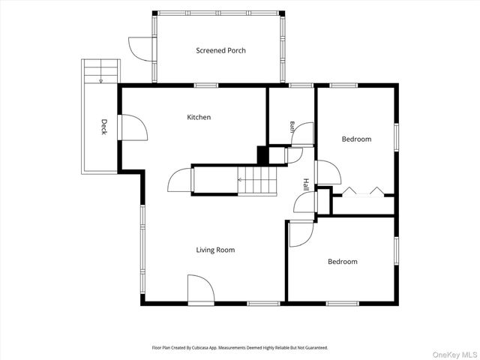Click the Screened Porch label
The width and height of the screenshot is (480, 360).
220,50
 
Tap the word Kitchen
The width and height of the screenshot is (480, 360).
199,117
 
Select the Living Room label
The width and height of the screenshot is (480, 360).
215,250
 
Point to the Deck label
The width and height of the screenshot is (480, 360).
104,127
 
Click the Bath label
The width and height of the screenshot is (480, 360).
292,127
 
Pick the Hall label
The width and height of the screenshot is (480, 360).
306,184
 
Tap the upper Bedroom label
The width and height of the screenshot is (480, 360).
357,139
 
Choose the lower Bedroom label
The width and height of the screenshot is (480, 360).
343,262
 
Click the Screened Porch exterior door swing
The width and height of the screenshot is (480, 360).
140,49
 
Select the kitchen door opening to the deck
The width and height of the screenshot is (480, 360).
134,127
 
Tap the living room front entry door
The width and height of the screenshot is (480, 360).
201,288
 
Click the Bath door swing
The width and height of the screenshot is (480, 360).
302,133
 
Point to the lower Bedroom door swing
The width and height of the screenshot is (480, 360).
301,233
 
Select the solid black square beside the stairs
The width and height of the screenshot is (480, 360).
262,155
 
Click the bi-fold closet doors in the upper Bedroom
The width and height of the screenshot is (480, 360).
363,191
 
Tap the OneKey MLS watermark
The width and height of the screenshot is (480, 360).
454,355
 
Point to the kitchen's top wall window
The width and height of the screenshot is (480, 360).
206,85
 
